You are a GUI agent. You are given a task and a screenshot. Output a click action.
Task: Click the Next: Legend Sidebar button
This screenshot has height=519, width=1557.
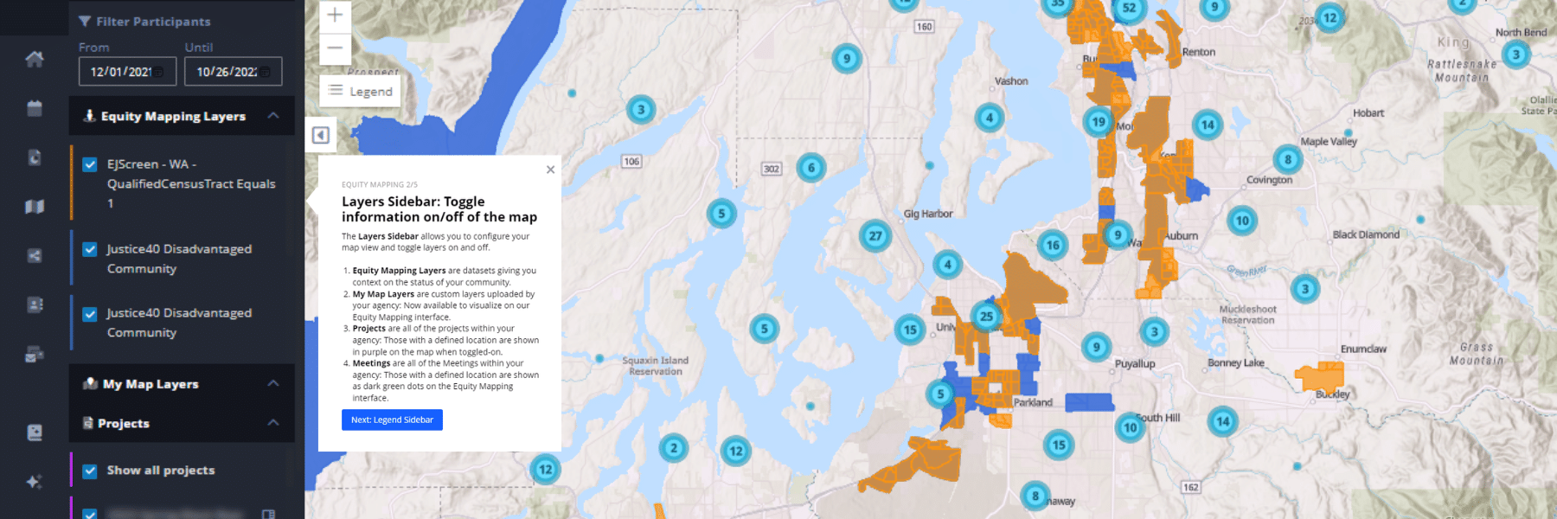point(392,420)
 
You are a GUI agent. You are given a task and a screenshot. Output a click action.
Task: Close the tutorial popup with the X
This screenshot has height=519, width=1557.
point(550,170)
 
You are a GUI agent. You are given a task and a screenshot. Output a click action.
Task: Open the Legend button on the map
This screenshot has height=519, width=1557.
point(361,91)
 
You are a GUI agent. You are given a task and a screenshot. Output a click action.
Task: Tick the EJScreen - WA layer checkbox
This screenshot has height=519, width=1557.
point(90,164)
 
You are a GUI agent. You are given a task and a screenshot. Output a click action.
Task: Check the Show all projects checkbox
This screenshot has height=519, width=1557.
point(90,471)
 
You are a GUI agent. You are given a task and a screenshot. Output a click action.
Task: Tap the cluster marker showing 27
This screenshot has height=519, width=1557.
point(875,235)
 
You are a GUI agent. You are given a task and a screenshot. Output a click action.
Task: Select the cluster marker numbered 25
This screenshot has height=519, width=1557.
point(986,317)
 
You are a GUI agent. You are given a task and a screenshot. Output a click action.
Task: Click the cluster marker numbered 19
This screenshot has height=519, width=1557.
point(1099,122)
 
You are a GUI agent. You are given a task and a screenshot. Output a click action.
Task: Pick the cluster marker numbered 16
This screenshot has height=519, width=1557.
point(1053,246)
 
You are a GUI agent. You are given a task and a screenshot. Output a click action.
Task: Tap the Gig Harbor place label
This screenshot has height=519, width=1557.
point(927,214)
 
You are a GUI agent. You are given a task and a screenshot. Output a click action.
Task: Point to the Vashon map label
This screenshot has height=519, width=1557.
point(1011,81)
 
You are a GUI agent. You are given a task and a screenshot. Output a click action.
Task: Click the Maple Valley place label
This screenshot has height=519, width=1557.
point(1329,141)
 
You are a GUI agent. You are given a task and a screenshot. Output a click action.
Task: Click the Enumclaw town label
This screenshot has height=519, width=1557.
point(1363,349)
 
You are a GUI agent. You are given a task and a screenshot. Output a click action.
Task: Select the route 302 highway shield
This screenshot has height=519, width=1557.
point(771,169)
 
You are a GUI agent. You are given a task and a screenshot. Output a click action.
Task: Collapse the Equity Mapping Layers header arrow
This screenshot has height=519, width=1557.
point(273,116)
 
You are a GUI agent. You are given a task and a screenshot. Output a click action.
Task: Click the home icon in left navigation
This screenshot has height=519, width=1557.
point(35,59)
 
